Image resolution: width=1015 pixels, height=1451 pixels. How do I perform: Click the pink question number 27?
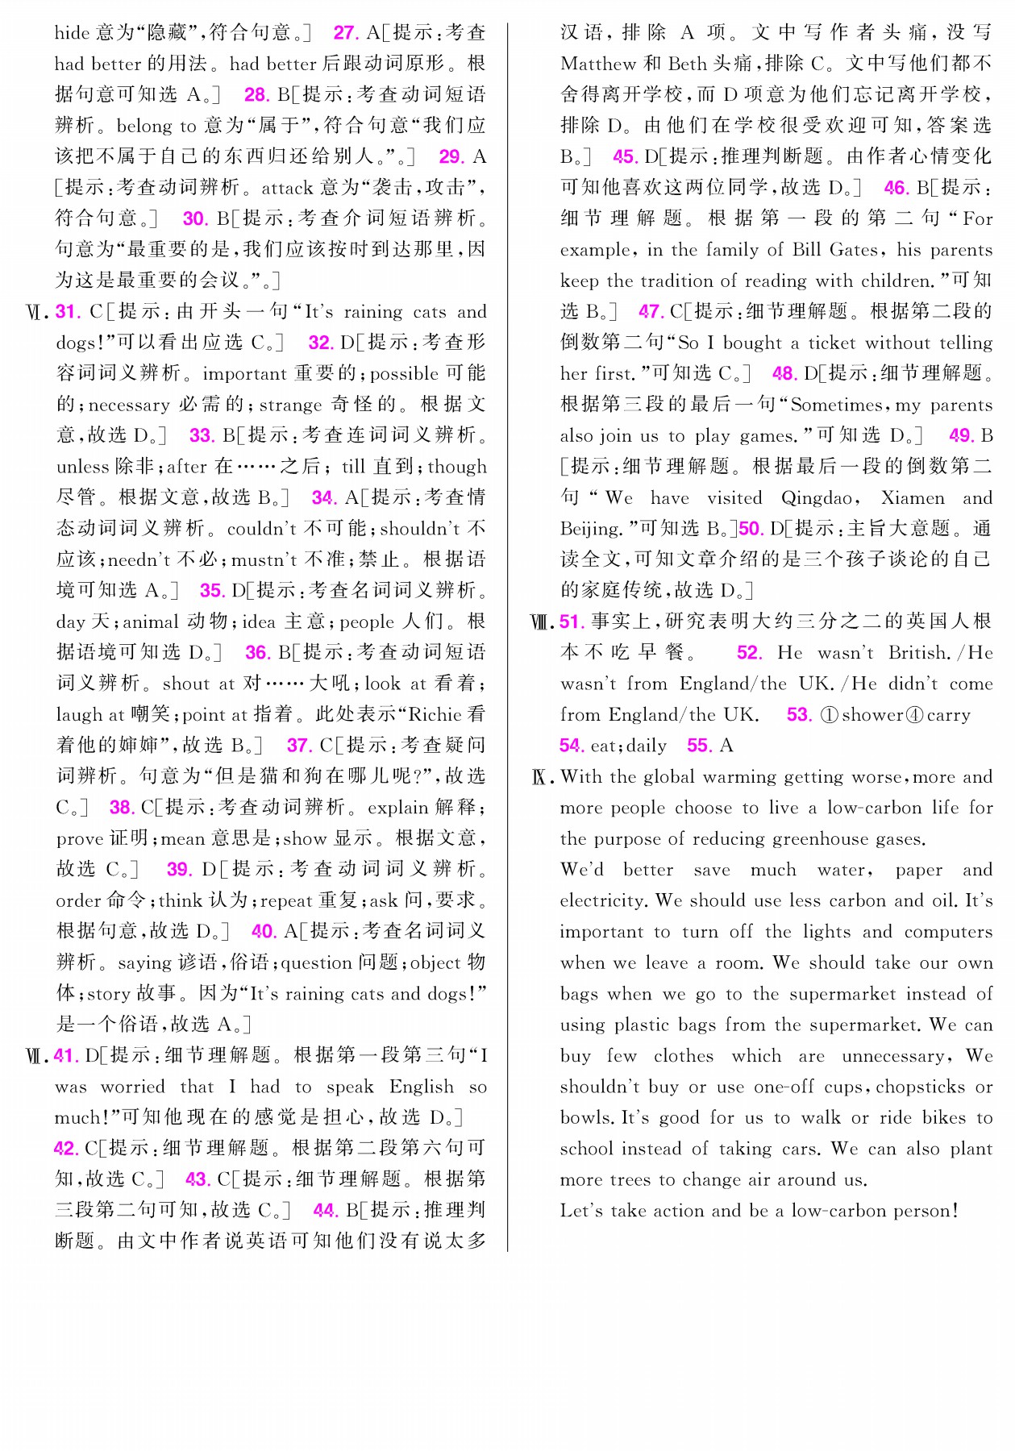point(346,33)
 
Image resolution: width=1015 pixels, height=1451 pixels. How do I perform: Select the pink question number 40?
point(264,932)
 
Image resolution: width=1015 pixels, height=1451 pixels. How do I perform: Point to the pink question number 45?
point(625,157)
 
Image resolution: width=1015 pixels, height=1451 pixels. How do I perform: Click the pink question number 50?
point(751,529)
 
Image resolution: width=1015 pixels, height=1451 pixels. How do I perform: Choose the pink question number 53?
point(799,715)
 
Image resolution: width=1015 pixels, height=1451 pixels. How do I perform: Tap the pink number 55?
point(698,746)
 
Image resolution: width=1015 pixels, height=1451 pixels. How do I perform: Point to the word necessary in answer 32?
point(129,405)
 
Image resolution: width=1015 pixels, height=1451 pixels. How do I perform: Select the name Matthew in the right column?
point(598,64)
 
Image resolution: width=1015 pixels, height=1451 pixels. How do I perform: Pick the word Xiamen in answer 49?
point(913,498)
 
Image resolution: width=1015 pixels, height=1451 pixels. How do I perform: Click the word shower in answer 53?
point(871,715)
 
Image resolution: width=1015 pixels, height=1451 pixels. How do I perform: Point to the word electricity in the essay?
point(602,900)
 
